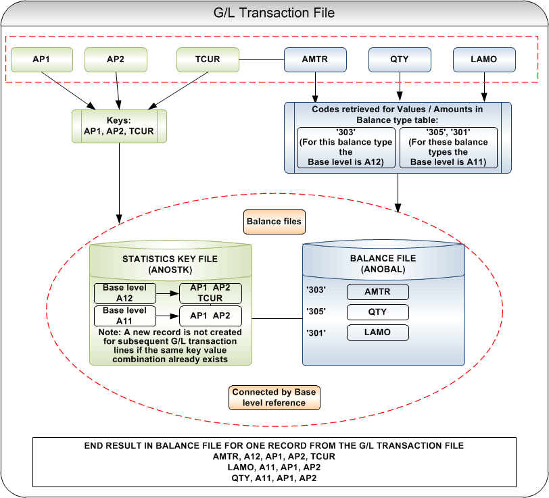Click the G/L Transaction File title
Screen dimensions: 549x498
click(274, 13)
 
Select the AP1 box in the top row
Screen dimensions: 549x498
click(42, 59)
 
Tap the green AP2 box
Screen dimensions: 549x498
click(116, 59)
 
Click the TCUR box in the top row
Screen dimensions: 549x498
click(208, 59)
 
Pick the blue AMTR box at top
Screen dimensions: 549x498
click(315, 59)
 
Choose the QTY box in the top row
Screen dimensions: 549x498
click(400, 59)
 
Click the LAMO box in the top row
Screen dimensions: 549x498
click(483, 59)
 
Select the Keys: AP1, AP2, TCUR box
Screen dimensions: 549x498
click(119, 126)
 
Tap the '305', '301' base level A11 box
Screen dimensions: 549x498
click(448, 148)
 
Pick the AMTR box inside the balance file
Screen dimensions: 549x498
click(378, 292)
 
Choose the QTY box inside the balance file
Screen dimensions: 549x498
click(378, 312)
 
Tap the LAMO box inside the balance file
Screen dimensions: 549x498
click(378, 332)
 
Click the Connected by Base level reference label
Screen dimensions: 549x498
click(274, 397)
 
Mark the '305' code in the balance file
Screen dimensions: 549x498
click(316, 312)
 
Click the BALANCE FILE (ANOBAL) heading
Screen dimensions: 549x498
click(383, 264)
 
